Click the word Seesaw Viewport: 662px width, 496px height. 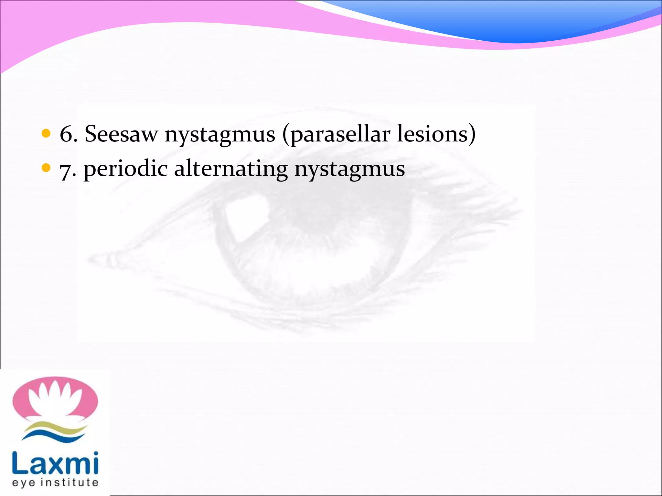pyautogui.click(x=121, y=134)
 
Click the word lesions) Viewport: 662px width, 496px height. pyautogui.click(x=436, y=134)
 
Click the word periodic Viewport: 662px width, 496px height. pyautogui.click(x=125, y=169)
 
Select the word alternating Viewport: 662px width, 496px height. pyautogui.click(x=231, y=169)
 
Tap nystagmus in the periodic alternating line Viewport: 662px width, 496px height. pyautogui.click(x=349, y=170)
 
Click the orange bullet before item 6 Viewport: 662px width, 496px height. pyautogui.click(x=46, y=133)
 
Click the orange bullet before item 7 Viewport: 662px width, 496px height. pyautogui.click(x=46, y=168)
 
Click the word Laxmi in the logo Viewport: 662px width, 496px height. pyautogui.click(x=55, y=463)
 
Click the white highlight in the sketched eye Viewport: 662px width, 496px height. pyautogui.click(x=247, y=216)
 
